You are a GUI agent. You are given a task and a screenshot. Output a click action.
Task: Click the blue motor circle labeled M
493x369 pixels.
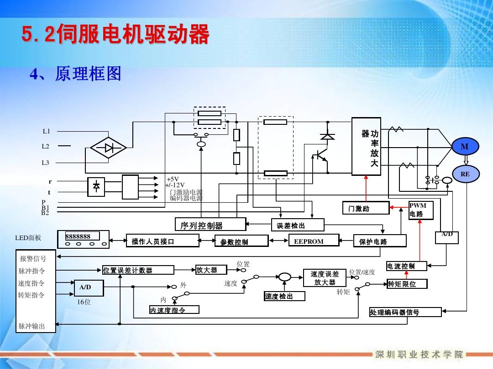pyautogui.click(x=464, y=147)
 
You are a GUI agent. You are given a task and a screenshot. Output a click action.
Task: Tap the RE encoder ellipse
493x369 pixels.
pyautogui.click(x=464, y=174)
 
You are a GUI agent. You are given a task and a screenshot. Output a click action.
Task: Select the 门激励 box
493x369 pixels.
pyautogui.click(x=366, y=208)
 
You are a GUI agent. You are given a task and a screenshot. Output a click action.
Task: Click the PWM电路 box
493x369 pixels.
pyautogui.click(x=420, y=210)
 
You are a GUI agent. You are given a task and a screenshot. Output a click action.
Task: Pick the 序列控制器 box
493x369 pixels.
pyautogui.click(x=210, y=225)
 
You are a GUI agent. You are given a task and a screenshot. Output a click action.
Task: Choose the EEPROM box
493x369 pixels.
pyautogui.click(x=314, y=241)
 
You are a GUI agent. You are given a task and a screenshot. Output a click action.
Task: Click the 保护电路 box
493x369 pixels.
pyautogui.click(x=379, y=241)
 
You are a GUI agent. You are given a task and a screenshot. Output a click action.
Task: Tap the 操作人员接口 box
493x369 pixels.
pyautogui.click(x=163, y=241)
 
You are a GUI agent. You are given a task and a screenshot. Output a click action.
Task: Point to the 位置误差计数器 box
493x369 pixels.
pyautogui.click(x=138, y=270)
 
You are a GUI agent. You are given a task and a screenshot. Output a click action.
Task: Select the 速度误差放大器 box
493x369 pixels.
pyautogui.click(x=325, y=278)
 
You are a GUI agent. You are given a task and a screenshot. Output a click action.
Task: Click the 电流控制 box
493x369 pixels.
pyautogui.click(x=407, y=266)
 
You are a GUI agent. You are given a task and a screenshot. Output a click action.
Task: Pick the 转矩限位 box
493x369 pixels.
pyautogui.click(x=408, y=284)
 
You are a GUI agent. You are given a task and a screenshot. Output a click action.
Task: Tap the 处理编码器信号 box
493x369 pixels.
pyautogui.click(x=405, y=312)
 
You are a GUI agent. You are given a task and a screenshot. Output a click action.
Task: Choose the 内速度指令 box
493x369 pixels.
pyautogui.click(x=174, y=310)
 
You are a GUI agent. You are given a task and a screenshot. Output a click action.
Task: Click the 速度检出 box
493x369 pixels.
pyautogui.click(x=284, y=297)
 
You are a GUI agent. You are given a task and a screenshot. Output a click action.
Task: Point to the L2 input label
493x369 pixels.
pyautogui.click(x=46, y=147)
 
